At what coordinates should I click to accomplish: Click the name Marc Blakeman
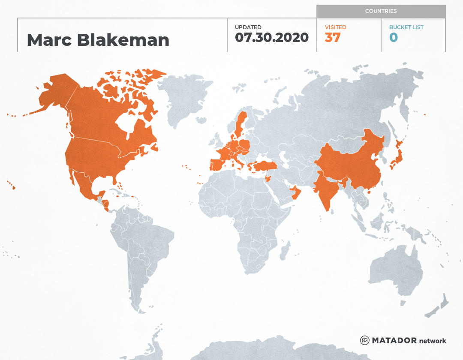click(x=98, y=40)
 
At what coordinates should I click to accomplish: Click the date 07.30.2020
click(x=272, y=37)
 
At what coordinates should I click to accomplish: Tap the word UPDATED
click(x=248, y=27)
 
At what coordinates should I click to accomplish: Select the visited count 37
click(x=333, y=38)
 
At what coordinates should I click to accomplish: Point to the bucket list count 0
click(x=394, y=38)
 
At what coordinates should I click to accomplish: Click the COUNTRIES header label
click(x=381, y=11)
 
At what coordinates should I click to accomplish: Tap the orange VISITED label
click(x=335, y=27)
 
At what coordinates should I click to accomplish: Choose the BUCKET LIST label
click(x=406, y=27)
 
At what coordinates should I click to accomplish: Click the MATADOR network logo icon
click(x=364, y=340)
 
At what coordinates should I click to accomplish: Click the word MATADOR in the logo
click(x=394, y=341)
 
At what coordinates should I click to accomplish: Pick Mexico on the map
click(x=84, y=182)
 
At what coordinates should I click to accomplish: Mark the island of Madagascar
click(x=283, y=251)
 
